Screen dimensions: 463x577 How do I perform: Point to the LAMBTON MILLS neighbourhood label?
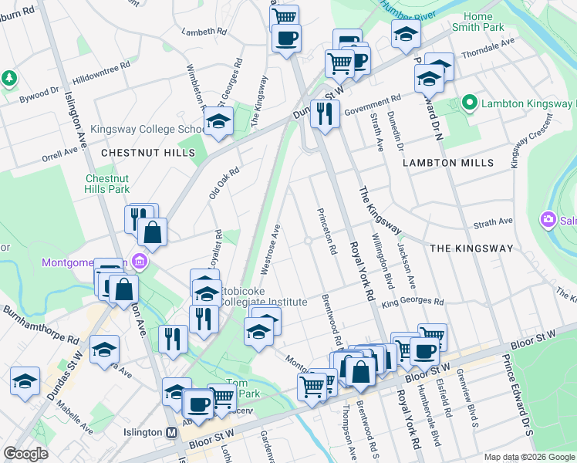tap(448, 164)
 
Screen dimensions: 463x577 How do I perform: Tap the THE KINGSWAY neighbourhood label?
tap(471, 248)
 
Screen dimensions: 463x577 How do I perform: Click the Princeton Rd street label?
tap(326, 231)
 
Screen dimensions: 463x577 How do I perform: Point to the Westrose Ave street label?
tap(270, 248)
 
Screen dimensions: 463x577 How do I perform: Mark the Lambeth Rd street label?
tap(204, 32)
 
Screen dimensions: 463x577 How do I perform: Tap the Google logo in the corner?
tap(25, 454)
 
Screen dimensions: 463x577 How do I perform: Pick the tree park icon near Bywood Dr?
tap(9, 78)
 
